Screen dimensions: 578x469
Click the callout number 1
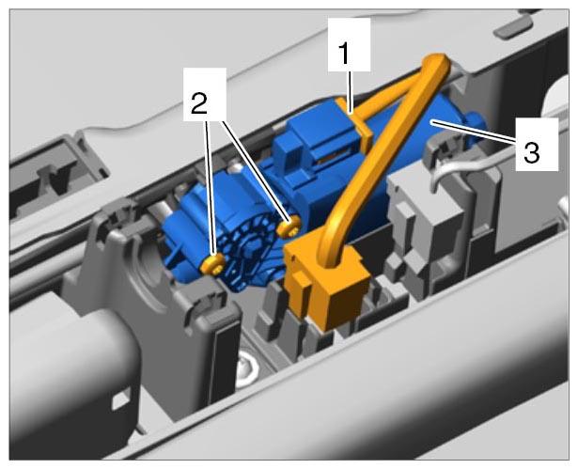tap(344, 54)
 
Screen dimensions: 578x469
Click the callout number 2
tap(199, 103)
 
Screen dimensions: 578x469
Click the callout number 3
tap(532, 152)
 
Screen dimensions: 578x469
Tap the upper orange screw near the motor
tap(289, 227)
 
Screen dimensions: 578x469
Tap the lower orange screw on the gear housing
tap(213, 264)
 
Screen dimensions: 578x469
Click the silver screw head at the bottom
tap(247, 369)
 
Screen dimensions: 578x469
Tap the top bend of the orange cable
tap(438, 61)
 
